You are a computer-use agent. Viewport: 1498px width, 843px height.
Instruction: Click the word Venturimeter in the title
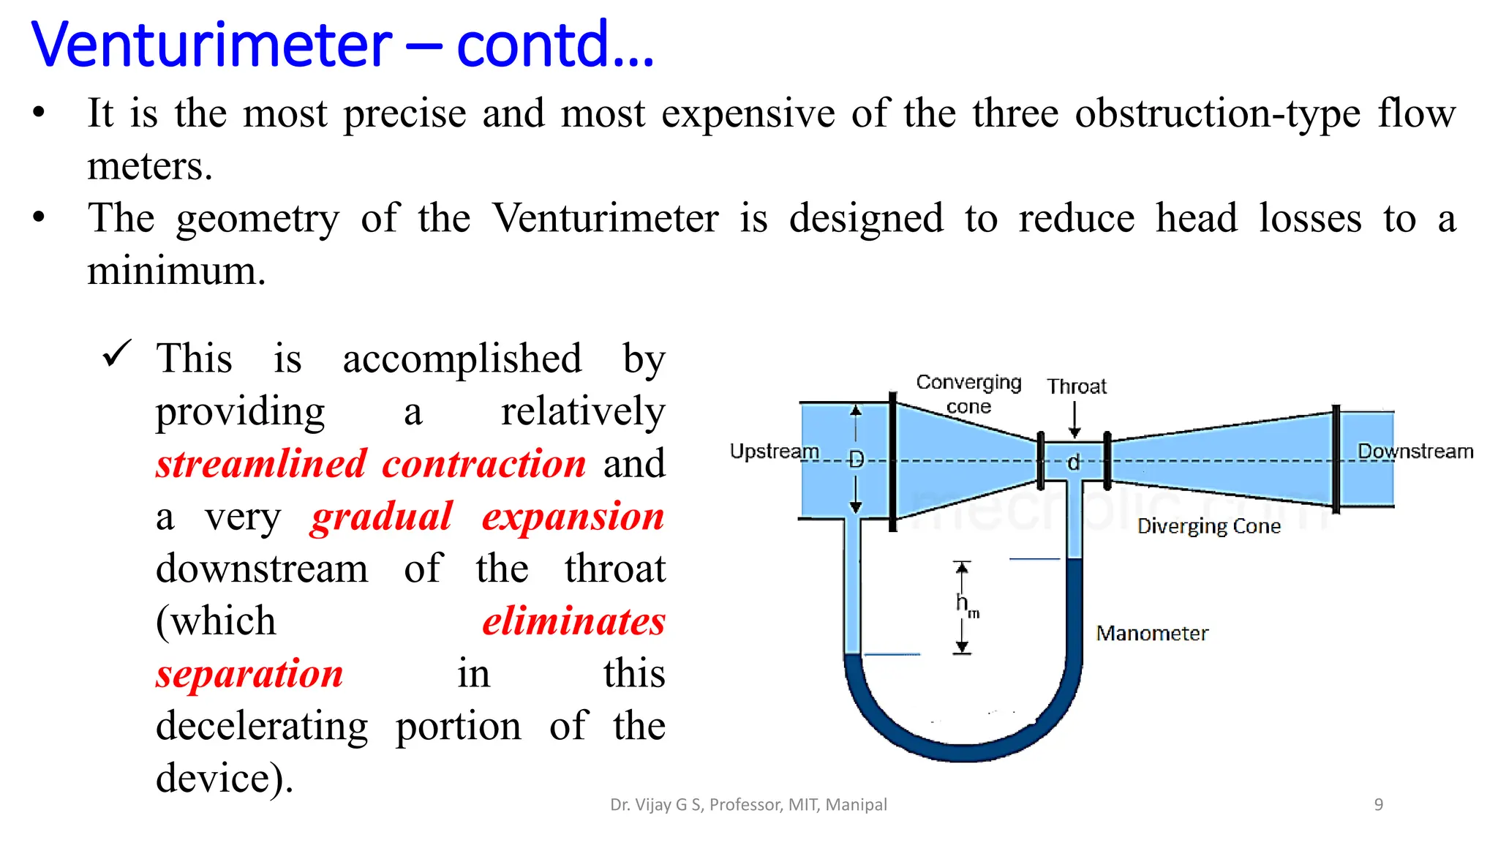(212, 45)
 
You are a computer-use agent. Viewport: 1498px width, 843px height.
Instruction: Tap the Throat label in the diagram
(1076, 386)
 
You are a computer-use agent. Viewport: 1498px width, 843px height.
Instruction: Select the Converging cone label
(968, 394)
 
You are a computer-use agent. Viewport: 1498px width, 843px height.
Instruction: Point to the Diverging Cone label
(1208, 526)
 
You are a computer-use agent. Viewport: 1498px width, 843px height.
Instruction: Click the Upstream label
(774, 452)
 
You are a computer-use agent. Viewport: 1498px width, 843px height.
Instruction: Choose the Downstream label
(1415, 452)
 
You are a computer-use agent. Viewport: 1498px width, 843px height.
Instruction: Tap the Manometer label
(1151, 633)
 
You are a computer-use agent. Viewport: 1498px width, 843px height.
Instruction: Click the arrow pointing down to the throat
(1074, 421)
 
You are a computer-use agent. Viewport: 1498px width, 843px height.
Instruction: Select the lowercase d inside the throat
(1073, 462)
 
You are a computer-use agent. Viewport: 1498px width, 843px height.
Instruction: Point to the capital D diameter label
(856, 460)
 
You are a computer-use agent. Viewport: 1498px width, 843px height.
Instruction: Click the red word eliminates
(573, 621)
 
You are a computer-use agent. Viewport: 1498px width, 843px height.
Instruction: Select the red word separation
(249, 673)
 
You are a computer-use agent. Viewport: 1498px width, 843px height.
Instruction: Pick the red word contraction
(483, 464)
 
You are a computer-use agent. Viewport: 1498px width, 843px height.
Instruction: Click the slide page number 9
(1378, 805)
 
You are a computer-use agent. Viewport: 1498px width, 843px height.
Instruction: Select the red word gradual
(381, 517)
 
